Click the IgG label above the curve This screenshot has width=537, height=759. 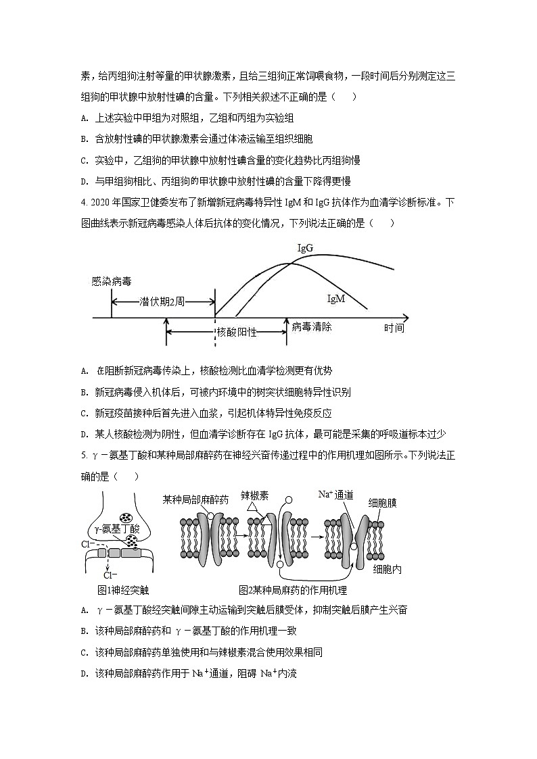click(305, 248)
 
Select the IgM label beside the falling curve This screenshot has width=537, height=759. click(336, 299)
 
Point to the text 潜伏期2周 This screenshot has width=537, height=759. click(162, 301)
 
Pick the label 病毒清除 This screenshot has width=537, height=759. click(312, 326)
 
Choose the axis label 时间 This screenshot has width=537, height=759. click(394, 328)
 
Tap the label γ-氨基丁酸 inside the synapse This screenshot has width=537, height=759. click(118, 529)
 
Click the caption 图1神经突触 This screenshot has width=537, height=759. click(123, 589)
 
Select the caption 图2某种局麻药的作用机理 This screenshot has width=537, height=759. click(292, 589)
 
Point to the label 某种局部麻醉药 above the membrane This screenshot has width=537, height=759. click(195, 499)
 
